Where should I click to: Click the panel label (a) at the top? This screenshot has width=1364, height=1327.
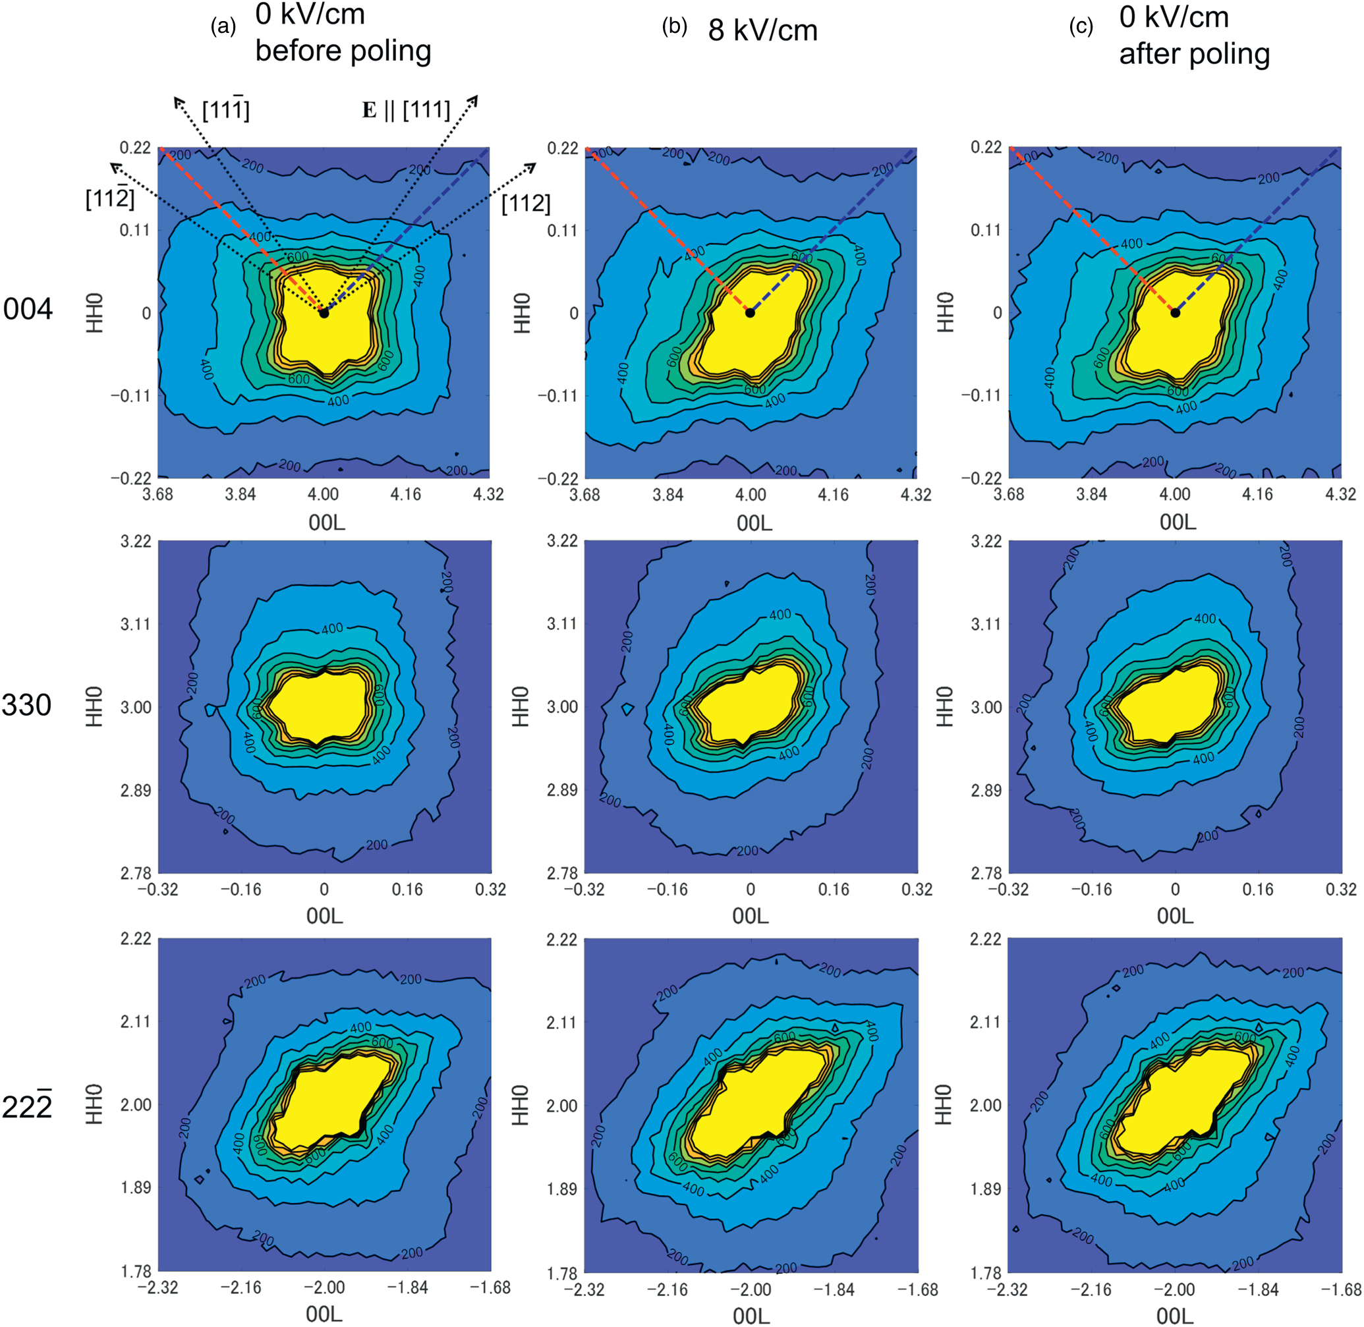(223, 26)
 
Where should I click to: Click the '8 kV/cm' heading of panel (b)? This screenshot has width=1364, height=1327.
(762, 31)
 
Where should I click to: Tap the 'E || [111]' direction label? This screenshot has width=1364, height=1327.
(406, 110)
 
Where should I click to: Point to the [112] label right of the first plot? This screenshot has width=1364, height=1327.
(526, 204)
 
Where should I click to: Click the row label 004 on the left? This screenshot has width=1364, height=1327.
(28, 309)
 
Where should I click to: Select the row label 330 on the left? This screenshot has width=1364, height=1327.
(26, 705)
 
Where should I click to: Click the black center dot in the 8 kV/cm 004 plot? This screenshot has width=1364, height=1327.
(750, 313)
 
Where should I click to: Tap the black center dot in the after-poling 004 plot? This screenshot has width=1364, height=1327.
(1175, 313)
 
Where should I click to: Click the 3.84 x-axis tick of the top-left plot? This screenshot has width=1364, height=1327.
(240, 494)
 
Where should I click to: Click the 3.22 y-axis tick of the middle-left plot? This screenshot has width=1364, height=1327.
(136, 542)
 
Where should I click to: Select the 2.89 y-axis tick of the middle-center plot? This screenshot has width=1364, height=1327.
(562, 789)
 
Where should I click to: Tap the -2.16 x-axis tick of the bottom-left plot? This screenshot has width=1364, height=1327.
(241, 1287)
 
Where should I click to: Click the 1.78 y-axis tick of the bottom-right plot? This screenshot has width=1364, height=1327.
(986, 1274)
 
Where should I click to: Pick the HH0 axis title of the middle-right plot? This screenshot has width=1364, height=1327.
(944, 706)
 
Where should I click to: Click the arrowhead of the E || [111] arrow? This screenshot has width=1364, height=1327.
(476, 98)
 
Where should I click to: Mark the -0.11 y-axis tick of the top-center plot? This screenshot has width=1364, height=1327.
(557, 396)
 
